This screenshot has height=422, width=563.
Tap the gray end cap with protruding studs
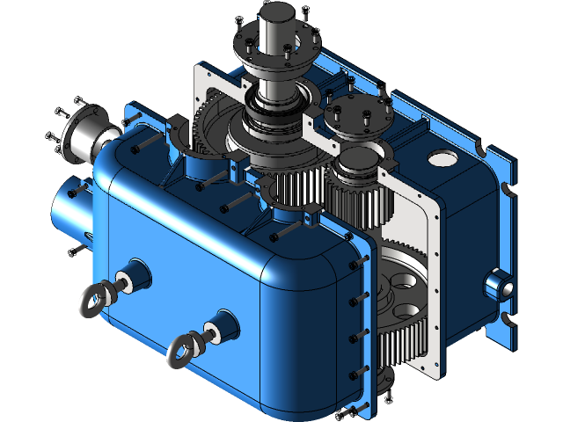point(88,137)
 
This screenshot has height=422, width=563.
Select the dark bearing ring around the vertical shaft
point(275,114)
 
